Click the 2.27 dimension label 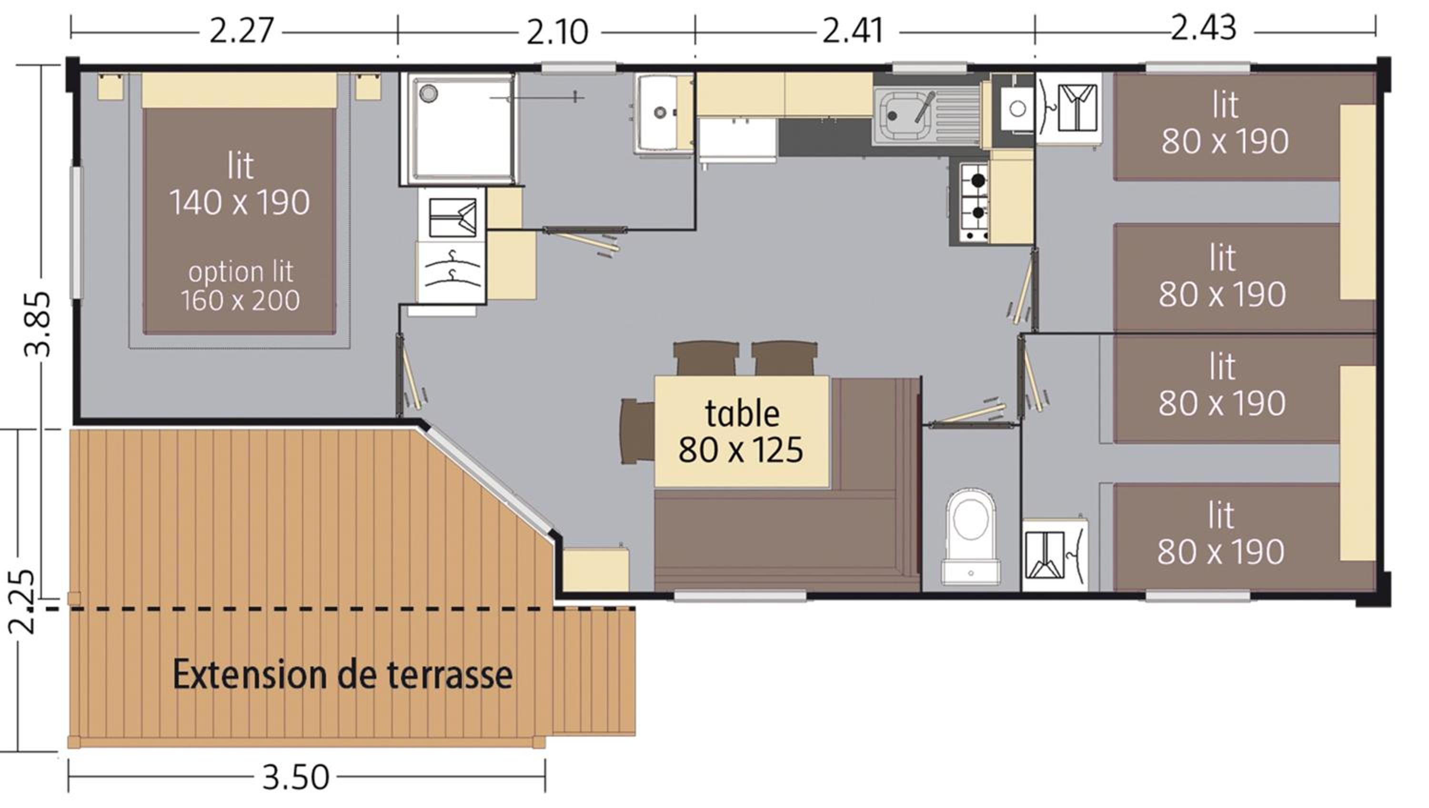click(x=242, y=31)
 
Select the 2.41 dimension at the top click(x=853, y=31)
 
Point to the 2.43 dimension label click(x=1204, y=28)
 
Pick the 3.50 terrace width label click(x=296, y=778)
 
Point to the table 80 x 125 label click(x=741, y=431)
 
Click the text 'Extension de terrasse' click(x=343, y=674)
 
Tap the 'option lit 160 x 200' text click(x=240, y=286)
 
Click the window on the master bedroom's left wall click(x=75, y=233)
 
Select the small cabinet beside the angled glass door click(x=596, y=569)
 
